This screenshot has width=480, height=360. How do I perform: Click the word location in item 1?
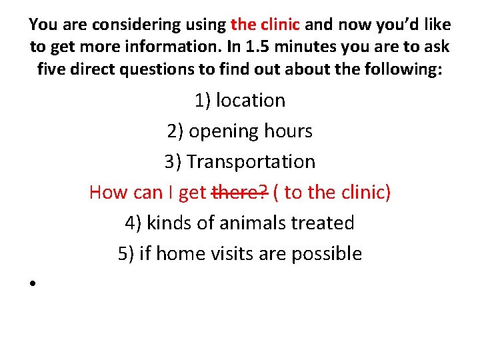[x=251, y=101]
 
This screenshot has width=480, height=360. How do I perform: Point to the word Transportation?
[x=251, y=162]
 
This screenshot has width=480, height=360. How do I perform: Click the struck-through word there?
[x=240, y=193]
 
